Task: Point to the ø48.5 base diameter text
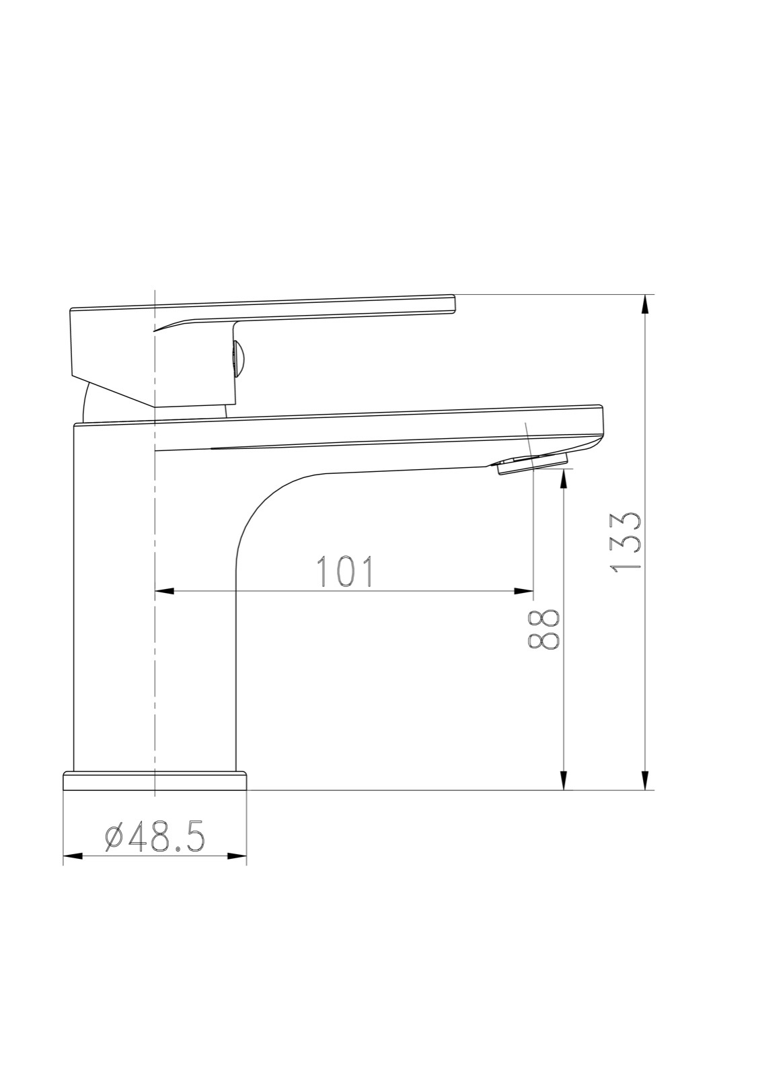tap(156, 838)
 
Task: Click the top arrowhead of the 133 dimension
tap(646, 304)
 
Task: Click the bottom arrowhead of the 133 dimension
tap(646, 781)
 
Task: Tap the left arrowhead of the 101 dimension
tap(165, 591)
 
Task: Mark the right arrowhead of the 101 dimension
tap(524, 591)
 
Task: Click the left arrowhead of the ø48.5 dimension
tap(73, 857)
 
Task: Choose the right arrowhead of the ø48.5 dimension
tap(237, 857)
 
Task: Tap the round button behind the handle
tap(239, 357)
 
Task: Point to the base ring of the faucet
tap(155, 781)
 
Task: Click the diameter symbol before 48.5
tap(114, 838)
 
